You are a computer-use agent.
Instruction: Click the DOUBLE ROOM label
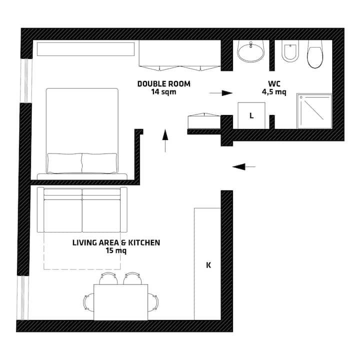coord(164,84)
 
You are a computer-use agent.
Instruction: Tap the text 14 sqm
coord(163,92)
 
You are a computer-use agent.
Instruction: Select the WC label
coord(274,84)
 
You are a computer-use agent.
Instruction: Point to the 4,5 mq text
coord(274,92)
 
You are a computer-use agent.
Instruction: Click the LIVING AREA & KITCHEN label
coord(116,242)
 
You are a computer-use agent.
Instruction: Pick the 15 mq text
coord(116,250)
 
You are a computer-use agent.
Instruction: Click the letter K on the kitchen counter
coord(208,265)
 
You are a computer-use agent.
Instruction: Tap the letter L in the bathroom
coord(251,115)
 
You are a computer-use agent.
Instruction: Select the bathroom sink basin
coord(250,51)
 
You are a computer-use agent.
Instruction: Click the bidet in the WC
coord(290,51)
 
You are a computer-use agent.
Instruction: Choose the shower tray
coord(314,111)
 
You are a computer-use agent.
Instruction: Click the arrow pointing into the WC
coord(221,93)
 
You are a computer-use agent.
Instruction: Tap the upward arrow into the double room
coord(165,140)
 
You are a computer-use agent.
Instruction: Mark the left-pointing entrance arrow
coord(244,166)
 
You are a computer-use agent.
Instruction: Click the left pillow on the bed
coord(64,163)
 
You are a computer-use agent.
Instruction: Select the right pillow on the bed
coord(99,163)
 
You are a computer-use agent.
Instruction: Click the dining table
coord(121,302)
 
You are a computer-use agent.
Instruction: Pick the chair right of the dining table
coord(153,302)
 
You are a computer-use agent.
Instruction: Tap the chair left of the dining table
coord(88,302)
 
